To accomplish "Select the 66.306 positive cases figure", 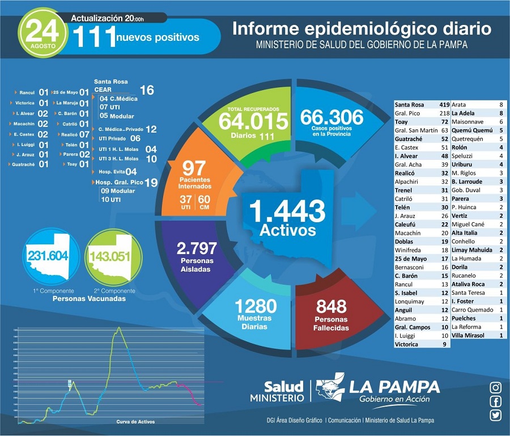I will pyautogui.click(x=331, y=117).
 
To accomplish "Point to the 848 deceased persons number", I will pyautogui.click(x=331, y=307).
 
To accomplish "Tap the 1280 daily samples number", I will pyautogui.click(x=256, y=307).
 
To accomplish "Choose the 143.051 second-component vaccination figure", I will pyautogui.click(x=108, y=256).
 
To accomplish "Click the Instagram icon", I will pyautogui.click(x=496, y=388).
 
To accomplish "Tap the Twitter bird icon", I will pyautogui.click(x=496, y=415).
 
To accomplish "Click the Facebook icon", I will pyautogui.click(x=496, y=401).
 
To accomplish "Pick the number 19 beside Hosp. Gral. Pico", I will pyautogui.click(x=151, y=183).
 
